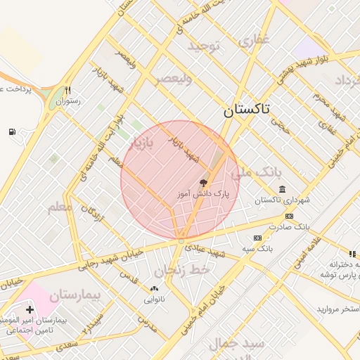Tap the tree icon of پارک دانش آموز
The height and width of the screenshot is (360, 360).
[204, 182]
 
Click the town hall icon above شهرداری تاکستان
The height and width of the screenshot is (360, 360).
[282, 190]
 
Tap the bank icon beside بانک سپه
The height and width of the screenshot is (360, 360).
[257, 238]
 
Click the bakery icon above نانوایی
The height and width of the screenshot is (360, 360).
[155, 288]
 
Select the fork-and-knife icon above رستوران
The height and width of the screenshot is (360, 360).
[68, 90]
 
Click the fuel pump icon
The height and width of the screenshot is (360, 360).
[12, 131]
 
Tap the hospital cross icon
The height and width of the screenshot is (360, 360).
[30, 309]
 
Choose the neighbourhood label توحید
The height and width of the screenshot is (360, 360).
[204, 46]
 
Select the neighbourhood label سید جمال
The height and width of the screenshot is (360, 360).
[236, 344]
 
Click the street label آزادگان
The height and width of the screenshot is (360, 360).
[92, 212]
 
